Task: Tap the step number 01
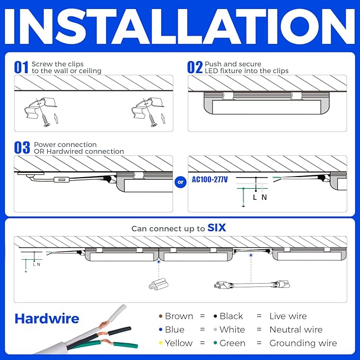point(21,67)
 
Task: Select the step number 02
point(195,67)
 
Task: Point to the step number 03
point(22,148)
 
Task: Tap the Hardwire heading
point(47,319)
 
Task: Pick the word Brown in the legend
point(179,316)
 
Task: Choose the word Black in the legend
point(232,316)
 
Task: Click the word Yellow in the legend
point(179,343)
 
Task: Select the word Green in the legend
point(232,343)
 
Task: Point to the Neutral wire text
point(295,329)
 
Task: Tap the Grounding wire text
point(303,343)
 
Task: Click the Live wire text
point(288,316)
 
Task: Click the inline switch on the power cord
point(62,181)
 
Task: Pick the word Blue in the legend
point(174,329)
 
